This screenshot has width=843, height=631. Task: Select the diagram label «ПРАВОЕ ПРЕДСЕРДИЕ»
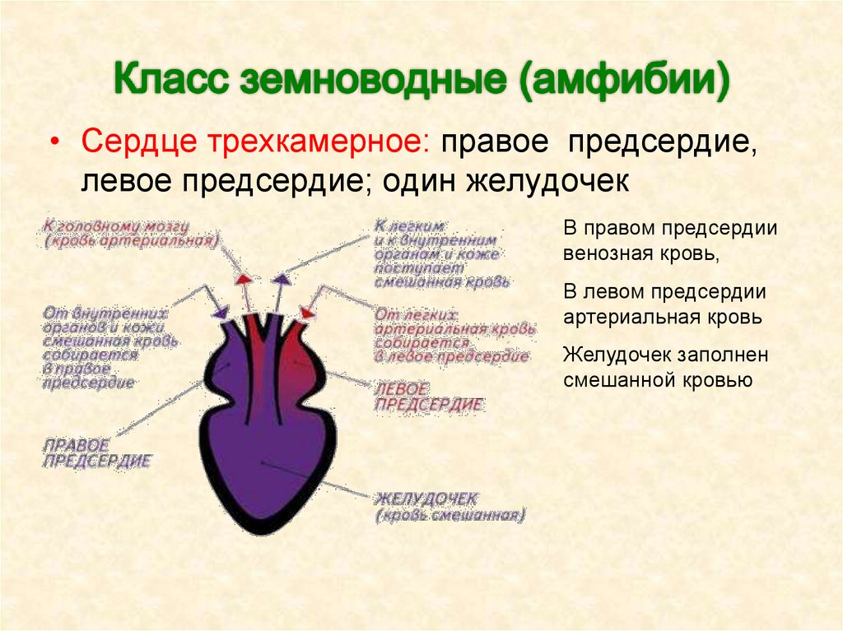(x=96, y=452)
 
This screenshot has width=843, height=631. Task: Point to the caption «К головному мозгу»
(x=117, y=225)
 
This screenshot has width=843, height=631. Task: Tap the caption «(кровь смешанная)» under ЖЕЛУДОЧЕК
(x=449, y=517)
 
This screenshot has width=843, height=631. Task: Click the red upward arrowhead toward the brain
(x=244, y=278)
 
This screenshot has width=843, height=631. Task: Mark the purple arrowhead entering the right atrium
(x=221, y=312)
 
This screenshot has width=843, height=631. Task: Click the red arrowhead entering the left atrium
(x=309, y=313)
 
